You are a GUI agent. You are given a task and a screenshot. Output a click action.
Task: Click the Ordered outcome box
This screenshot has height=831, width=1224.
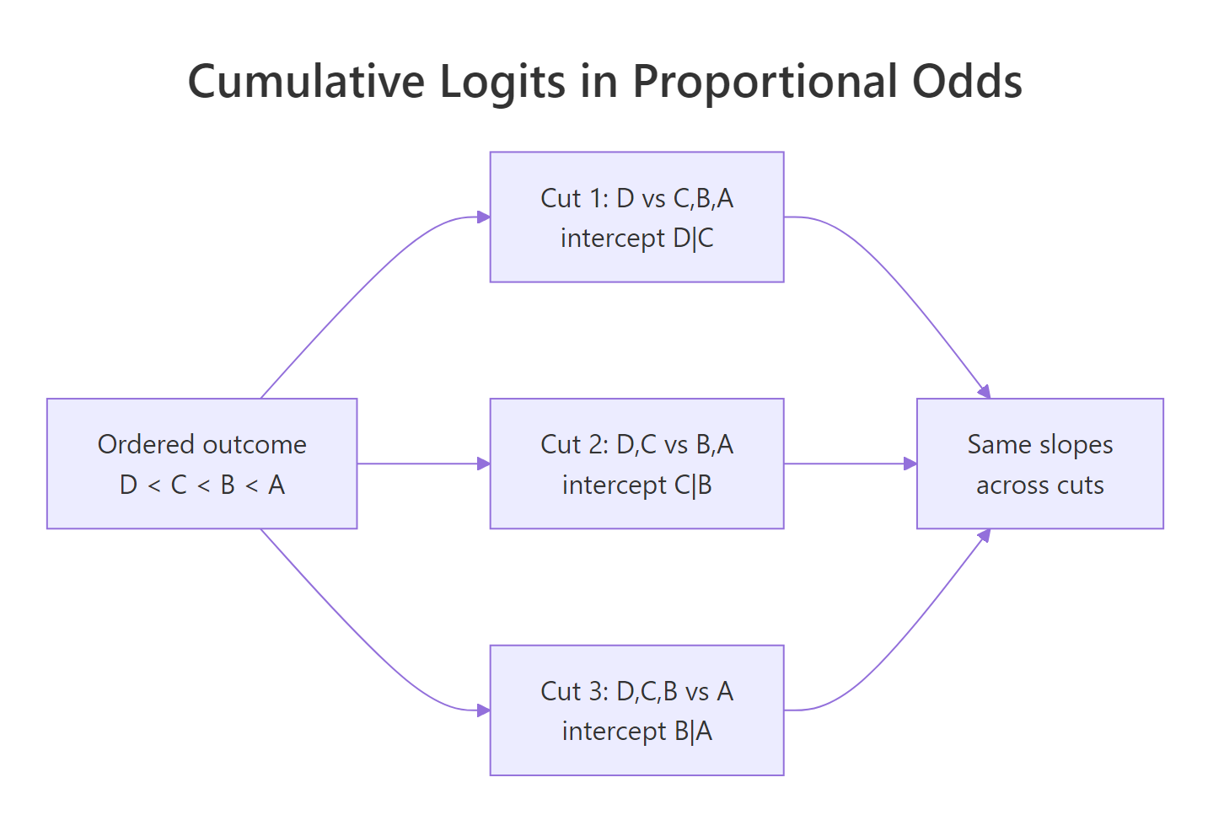[x=201, y=464]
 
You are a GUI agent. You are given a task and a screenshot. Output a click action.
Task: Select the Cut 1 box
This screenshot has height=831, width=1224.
[x=636, y=217]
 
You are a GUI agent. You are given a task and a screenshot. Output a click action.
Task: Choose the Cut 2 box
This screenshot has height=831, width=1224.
[x=636, y=464]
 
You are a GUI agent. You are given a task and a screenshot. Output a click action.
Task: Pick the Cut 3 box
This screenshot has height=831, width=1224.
[x=636, y=710]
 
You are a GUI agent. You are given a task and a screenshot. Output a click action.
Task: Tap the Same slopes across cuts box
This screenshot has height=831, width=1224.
[x=1039, y=464]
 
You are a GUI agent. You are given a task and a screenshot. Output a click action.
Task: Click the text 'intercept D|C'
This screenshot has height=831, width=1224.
[x=636, y=239]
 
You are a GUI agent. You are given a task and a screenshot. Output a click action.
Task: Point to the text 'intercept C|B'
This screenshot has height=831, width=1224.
[x=636, y=485]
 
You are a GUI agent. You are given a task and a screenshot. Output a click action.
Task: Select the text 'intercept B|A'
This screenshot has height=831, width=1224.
[x=636, y=732]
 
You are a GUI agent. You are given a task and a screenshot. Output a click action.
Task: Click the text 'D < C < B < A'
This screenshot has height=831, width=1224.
[x=201, y=485]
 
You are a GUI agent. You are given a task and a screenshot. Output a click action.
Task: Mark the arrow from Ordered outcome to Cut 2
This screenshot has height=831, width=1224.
[x=421, y=464]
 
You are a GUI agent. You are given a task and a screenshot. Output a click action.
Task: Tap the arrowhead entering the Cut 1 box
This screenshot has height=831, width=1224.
[x=484, y=217]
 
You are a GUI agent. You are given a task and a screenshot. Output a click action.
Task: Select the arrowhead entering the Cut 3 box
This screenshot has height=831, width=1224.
[x=484, y=710]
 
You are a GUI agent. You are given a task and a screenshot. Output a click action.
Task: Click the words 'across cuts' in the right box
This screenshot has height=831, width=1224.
[x=1039, y=485]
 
